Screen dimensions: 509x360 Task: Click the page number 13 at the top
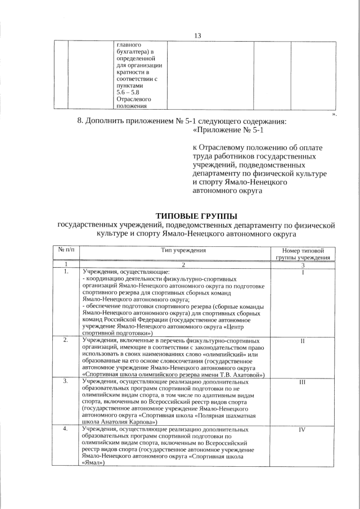197,35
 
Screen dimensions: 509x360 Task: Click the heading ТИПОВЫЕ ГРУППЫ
196,215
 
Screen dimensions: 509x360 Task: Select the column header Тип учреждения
176,250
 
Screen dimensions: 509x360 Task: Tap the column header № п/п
66,249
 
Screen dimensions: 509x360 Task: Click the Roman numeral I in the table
303,272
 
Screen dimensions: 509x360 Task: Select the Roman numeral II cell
303,341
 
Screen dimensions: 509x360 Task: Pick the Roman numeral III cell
303,381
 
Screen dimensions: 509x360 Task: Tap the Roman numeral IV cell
303,430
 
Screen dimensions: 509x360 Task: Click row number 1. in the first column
66,272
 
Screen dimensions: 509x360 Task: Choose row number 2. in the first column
66,341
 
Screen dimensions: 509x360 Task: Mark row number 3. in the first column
66,381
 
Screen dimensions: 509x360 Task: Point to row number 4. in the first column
66,430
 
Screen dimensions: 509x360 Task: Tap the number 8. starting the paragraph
80,121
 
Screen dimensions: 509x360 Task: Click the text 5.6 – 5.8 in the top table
127,92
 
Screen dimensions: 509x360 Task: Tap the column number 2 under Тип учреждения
176,264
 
